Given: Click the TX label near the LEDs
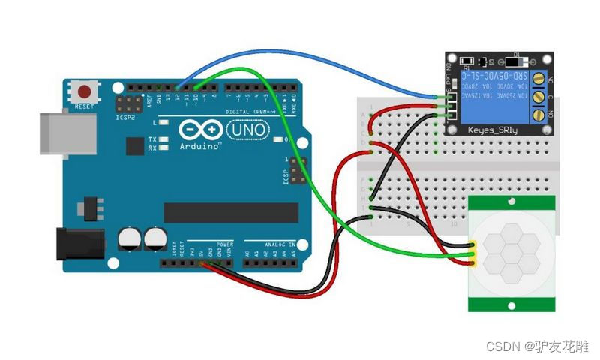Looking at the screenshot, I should [x=152, y=139].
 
